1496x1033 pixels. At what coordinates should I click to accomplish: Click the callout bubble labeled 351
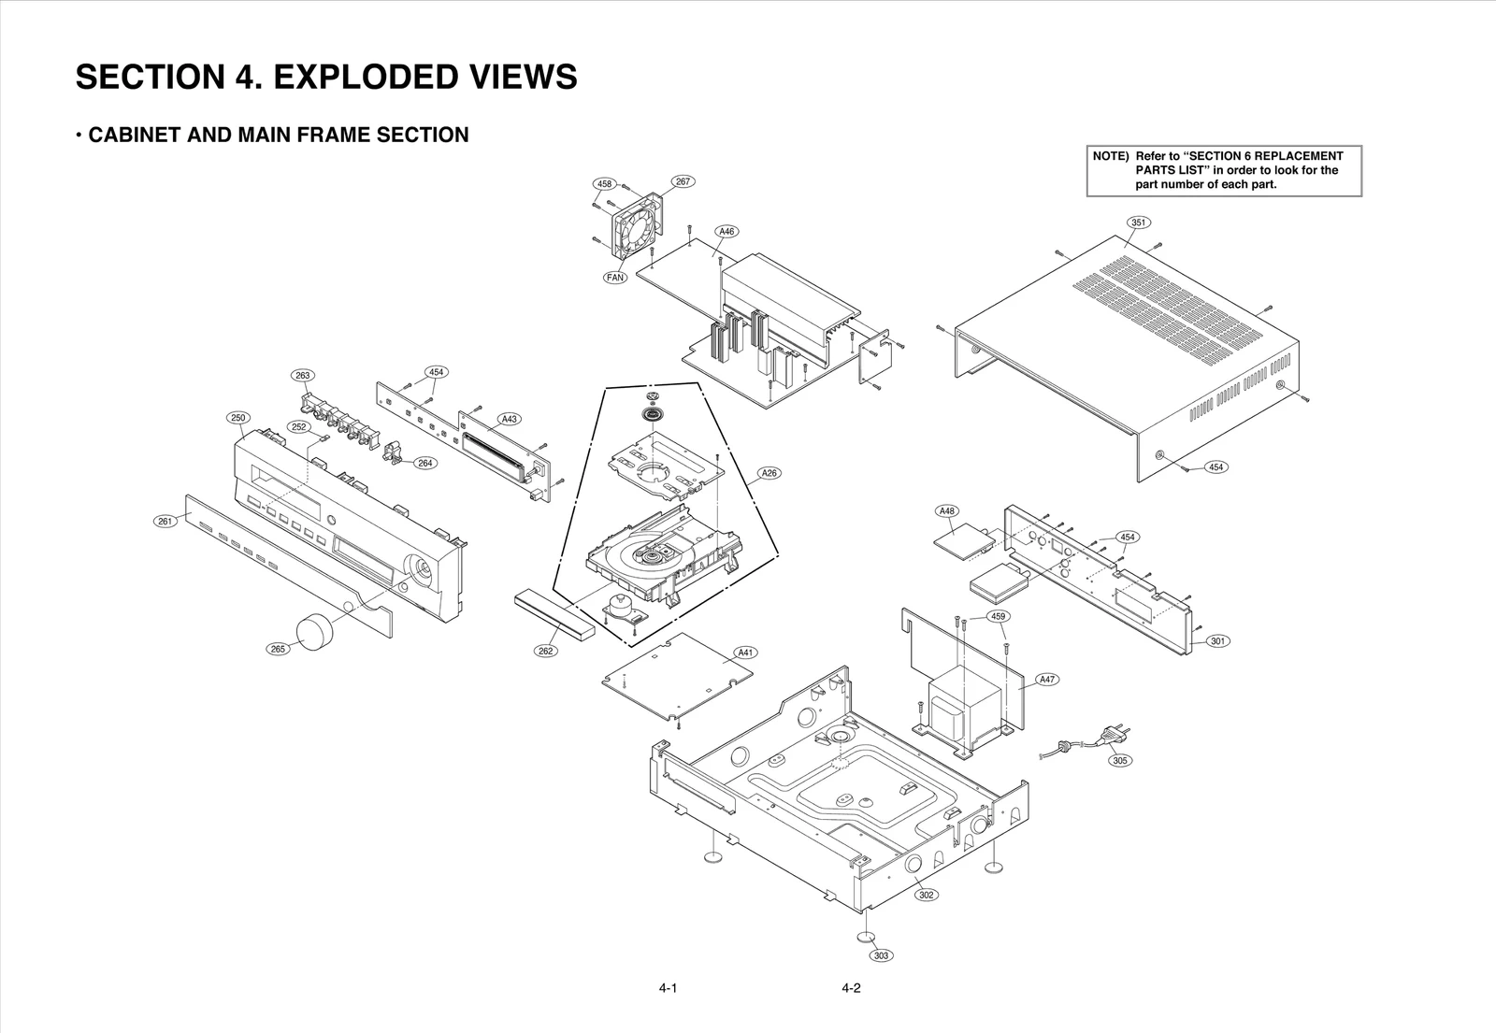click(1138, 222)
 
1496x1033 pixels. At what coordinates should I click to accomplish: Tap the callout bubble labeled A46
click(726, 231)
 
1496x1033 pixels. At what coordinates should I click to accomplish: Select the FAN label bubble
click(614, 278)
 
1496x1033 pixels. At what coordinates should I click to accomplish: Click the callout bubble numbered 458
click(605, 184)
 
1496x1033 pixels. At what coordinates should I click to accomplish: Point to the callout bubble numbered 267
click(683, 181)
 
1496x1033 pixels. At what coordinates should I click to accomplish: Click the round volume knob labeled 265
click(315, 632)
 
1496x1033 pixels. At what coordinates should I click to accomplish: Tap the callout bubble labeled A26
click(769, 473)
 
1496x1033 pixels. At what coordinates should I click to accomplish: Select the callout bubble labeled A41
click(745, 653)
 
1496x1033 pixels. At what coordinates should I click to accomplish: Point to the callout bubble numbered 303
click(880, 955)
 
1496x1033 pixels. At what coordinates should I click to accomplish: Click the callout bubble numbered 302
click(926, 895)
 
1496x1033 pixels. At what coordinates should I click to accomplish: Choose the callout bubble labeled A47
click(1048, 680)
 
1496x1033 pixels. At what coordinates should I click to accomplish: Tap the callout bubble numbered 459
click(998, 617)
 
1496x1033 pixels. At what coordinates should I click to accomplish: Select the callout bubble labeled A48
click(947, 511)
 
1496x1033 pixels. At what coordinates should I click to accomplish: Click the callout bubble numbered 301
click(1217, 641)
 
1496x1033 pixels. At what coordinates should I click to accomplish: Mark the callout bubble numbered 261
click(165, 522)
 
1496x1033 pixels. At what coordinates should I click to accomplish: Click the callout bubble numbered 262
click(546, 651)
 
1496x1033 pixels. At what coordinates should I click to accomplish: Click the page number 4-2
click(850, 989)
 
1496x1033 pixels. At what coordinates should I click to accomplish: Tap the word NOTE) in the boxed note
click(1111, 156)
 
